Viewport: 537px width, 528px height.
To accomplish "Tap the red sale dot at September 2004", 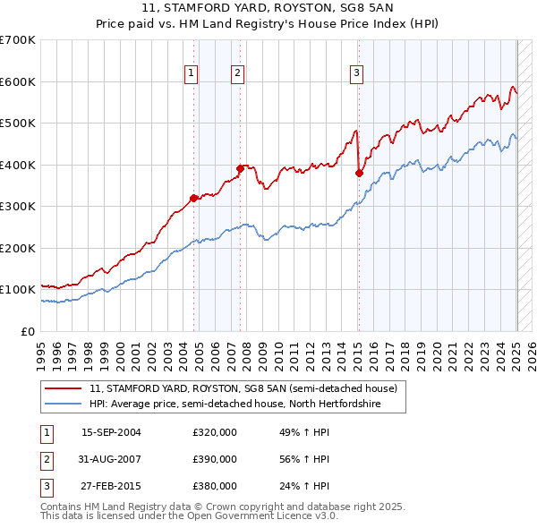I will (194, 199).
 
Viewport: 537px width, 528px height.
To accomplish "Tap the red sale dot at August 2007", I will (240, 168).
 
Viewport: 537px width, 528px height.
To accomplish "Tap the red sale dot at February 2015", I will (358, 174).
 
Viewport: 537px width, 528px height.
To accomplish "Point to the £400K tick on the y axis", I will (18, 165).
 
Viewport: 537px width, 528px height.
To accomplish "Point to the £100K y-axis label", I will (18, 290).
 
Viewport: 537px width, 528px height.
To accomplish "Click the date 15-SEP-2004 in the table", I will (111, 432).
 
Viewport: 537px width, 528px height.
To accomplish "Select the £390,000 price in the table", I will (214, 459).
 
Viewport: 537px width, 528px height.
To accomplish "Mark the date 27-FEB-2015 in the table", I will (111, 487).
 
